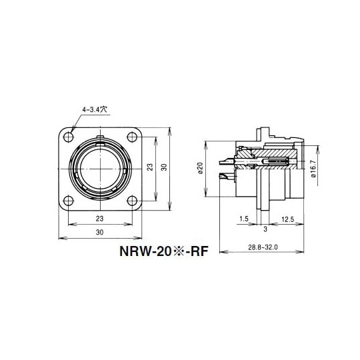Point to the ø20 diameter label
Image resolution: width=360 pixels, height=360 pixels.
point(201,169)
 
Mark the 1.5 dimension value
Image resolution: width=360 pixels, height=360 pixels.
point(244,218)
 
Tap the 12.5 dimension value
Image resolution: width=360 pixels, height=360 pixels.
point(288,218)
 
